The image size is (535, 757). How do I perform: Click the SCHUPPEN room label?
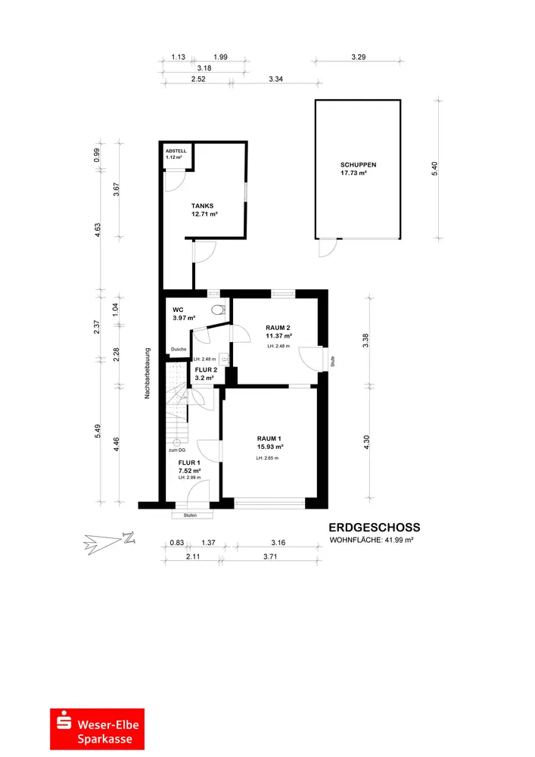(x=358, y=164)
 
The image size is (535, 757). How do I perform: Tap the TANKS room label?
(x=202, y=206)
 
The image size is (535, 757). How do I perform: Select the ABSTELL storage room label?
(x=176, y=151)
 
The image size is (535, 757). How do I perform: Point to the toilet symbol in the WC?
(x=219, y=310)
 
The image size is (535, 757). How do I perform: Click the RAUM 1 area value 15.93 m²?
(x=269, y=447)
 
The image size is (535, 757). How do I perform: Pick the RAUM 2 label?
(x=278, y=328)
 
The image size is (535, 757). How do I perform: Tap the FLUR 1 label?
(x=189, y=463)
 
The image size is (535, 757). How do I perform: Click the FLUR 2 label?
(x=206, y=370)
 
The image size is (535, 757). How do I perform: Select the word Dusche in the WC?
(x=179, y=349)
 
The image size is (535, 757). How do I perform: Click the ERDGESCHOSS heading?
(x=375, y=528)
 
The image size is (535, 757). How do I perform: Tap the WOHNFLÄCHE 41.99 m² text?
(x=371, y=540)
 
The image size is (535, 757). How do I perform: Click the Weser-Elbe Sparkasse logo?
(x=97, y=729)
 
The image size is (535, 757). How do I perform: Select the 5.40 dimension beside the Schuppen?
(x=434, y=169)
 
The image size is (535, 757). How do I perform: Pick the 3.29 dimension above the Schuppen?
(x=359, y=57)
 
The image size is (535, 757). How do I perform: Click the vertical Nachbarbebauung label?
(x=148, y=373)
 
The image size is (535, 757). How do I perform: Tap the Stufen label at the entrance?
(x=190, y=516)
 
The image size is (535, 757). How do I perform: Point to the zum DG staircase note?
(x=176, y=450)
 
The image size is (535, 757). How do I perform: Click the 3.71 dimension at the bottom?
(x=271, y=556)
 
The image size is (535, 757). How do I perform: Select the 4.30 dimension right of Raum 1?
(x=367, y=443)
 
